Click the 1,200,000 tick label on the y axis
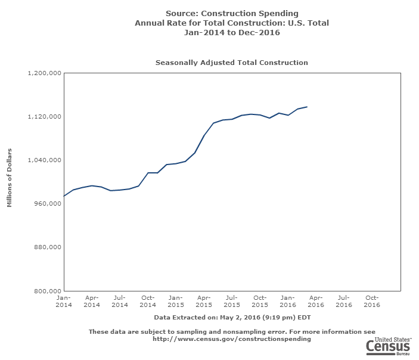(x=45, y=73)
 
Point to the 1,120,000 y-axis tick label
(x=45, y=117)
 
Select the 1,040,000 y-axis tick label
(x=45, y=160)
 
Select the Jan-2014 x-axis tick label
(x=64, y=301)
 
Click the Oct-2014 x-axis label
(x=148, y=301)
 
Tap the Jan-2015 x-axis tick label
(x=176, y=301)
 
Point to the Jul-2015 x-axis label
(x=232, y=301)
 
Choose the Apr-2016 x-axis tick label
(x=316, y=301)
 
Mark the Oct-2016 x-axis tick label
(x=372, y=301)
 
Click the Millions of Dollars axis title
(x=10, y=182)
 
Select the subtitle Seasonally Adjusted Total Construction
(x=232, y=63)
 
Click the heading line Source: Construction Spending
(x=232, y=13)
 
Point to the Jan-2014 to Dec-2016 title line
(x=232, y=33)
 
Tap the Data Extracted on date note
(x=232, y=317)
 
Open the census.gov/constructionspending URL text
(x=232, y=339)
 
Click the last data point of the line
(x=307, y=107)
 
